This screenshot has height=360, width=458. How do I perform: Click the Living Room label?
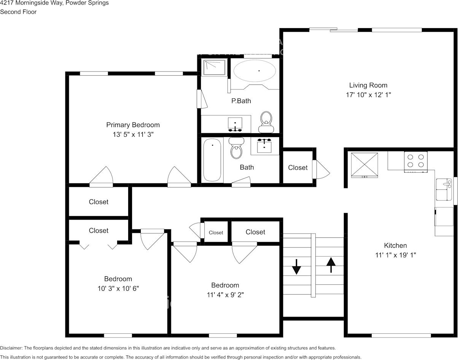click(x=368, y=85)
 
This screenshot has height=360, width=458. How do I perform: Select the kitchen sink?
click(x=442, y=189)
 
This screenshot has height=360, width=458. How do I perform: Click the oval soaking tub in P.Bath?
click(x=254, y=71)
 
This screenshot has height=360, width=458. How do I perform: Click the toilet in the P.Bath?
click(x=266, y=119)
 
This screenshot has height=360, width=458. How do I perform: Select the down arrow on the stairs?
click(x=296, y=267)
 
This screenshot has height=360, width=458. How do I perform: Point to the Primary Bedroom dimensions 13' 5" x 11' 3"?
click(x=133, y=134)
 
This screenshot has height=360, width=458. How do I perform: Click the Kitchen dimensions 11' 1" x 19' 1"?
click(x=395, y=255)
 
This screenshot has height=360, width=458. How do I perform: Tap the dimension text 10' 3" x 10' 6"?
click(x=118, y=288)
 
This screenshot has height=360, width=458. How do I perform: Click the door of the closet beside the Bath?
click(x=319, y=169)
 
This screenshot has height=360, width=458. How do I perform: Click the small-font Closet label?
click(x=216, y=233)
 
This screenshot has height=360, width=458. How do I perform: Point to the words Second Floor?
click(x=18, y=12)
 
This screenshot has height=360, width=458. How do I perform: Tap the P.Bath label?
click(x=241, y=101)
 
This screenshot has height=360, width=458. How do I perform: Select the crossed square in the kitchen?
click(x=364, y=164)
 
